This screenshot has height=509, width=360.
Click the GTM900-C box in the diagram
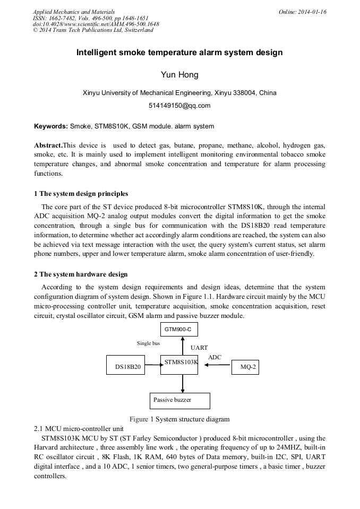[x=179, y=330]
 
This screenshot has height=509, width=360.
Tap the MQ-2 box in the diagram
[x=245, y=366]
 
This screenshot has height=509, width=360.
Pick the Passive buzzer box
[x=180, y=400]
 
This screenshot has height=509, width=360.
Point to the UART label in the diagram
[x=199, y=348]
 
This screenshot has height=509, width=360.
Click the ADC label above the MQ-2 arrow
[x=215, y=357]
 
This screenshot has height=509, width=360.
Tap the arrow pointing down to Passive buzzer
[x=182, y=384]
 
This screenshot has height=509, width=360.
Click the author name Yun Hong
[x=179, y=74]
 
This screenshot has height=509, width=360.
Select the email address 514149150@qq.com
[x=179, y=105]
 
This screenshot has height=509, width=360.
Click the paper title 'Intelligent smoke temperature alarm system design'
[x=179, y=53]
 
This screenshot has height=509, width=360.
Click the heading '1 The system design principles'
[x=81, y=193]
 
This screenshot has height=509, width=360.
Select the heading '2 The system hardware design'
[x=81, y=274]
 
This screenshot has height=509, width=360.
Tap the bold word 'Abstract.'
[x=48, y=145]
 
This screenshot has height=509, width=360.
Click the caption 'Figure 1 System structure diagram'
[x=179, y=419]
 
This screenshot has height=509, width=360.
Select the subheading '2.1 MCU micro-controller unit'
[x=79, y=428]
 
